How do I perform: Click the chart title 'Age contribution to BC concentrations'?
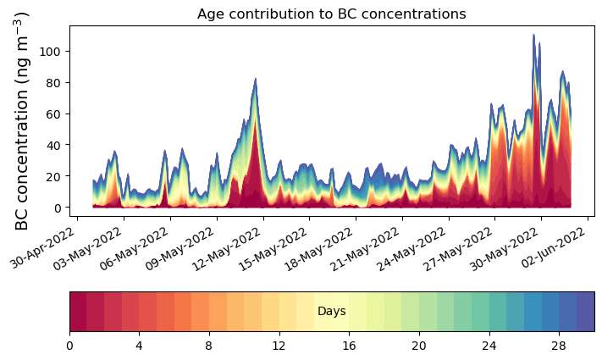pyautogui.click(x=331, y=14)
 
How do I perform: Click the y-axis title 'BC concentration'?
pyautogui.click(x=22, y=120)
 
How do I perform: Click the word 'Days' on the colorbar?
pyautogui.click(x=331, y=312)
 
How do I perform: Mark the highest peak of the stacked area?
pyautogui.click(x=533, y=36)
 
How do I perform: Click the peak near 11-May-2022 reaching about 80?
pyautogui.click(x=255, y=80)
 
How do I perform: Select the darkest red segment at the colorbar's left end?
pyautogui.click(x=78, y=312)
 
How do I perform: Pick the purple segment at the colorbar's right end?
pyautogui.click(x=585, y=312)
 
